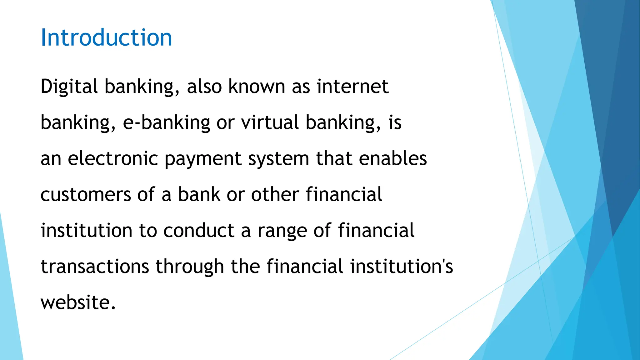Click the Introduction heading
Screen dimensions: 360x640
tap(106, 37)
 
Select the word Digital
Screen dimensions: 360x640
tap(69, 87)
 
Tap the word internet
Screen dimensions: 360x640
tap(352, 87)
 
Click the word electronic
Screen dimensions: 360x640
tap(113, 158)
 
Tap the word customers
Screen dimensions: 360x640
tap(86, 195)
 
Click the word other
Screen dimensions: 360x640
tap(275, 195)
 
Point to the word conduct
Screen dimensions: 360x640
tap(199, 231)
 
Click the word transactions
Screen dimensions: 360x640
tap(95, 267)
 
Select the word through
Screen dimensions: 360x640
tap(190, 267)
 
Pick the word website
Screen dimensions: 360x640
tap(78, 302)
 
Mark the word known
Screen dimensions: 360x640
tap(257, 87)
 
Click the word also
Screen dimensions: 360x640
tap(204, 87)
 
